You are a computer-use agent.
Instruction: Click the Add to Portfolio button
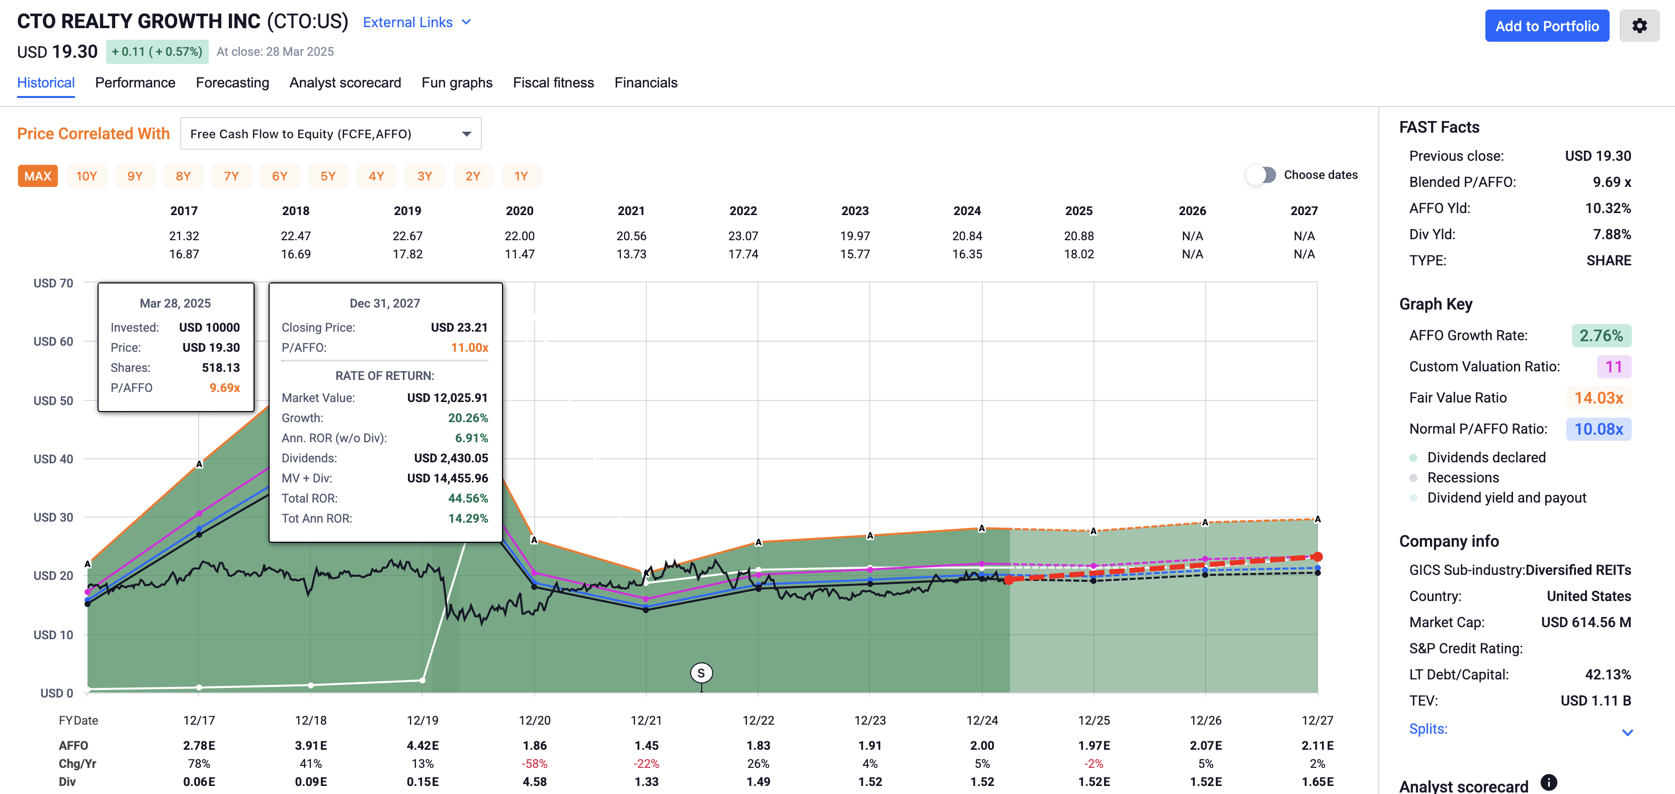tap(1546, 26)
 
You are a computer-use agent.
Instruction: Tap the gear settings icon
tap(1639, 26)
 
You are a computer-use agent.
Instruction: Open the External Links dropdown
tap(416, 22)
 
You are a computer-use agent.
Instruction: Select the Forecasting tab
tap(232, 82)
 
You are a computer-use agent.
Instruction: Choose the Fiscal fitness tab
tap(553, 82)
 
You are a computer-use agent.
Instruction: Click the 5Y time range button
tap(328, 176)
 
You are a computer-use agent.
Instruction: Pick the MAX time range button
tap(38, 176)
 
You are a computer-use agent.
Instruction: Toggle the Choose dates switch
tap(1262, 175)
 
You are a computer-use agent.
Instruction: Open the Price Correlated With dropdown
tap(330, 134)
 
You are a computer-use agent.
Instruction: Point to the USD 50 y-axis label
tap(53, 400)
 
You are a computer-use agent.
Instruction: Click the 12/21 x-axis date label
tap(646, 720)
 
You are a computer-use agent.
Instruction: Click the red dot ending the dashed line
tap(1317, 557)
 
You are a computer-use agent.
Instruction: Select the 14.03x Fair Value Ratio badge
tap(1598, 398)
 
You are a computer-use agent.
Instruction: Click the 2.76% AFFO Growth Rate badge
tap(1601, 335)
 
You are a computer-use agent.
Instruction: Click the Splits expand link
tap(1428, 729)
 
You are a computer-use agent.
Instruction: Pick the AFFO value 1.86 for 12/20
tap(535, 745)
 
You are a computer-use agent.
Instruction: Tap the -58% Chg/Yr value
tap(535, 763)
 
